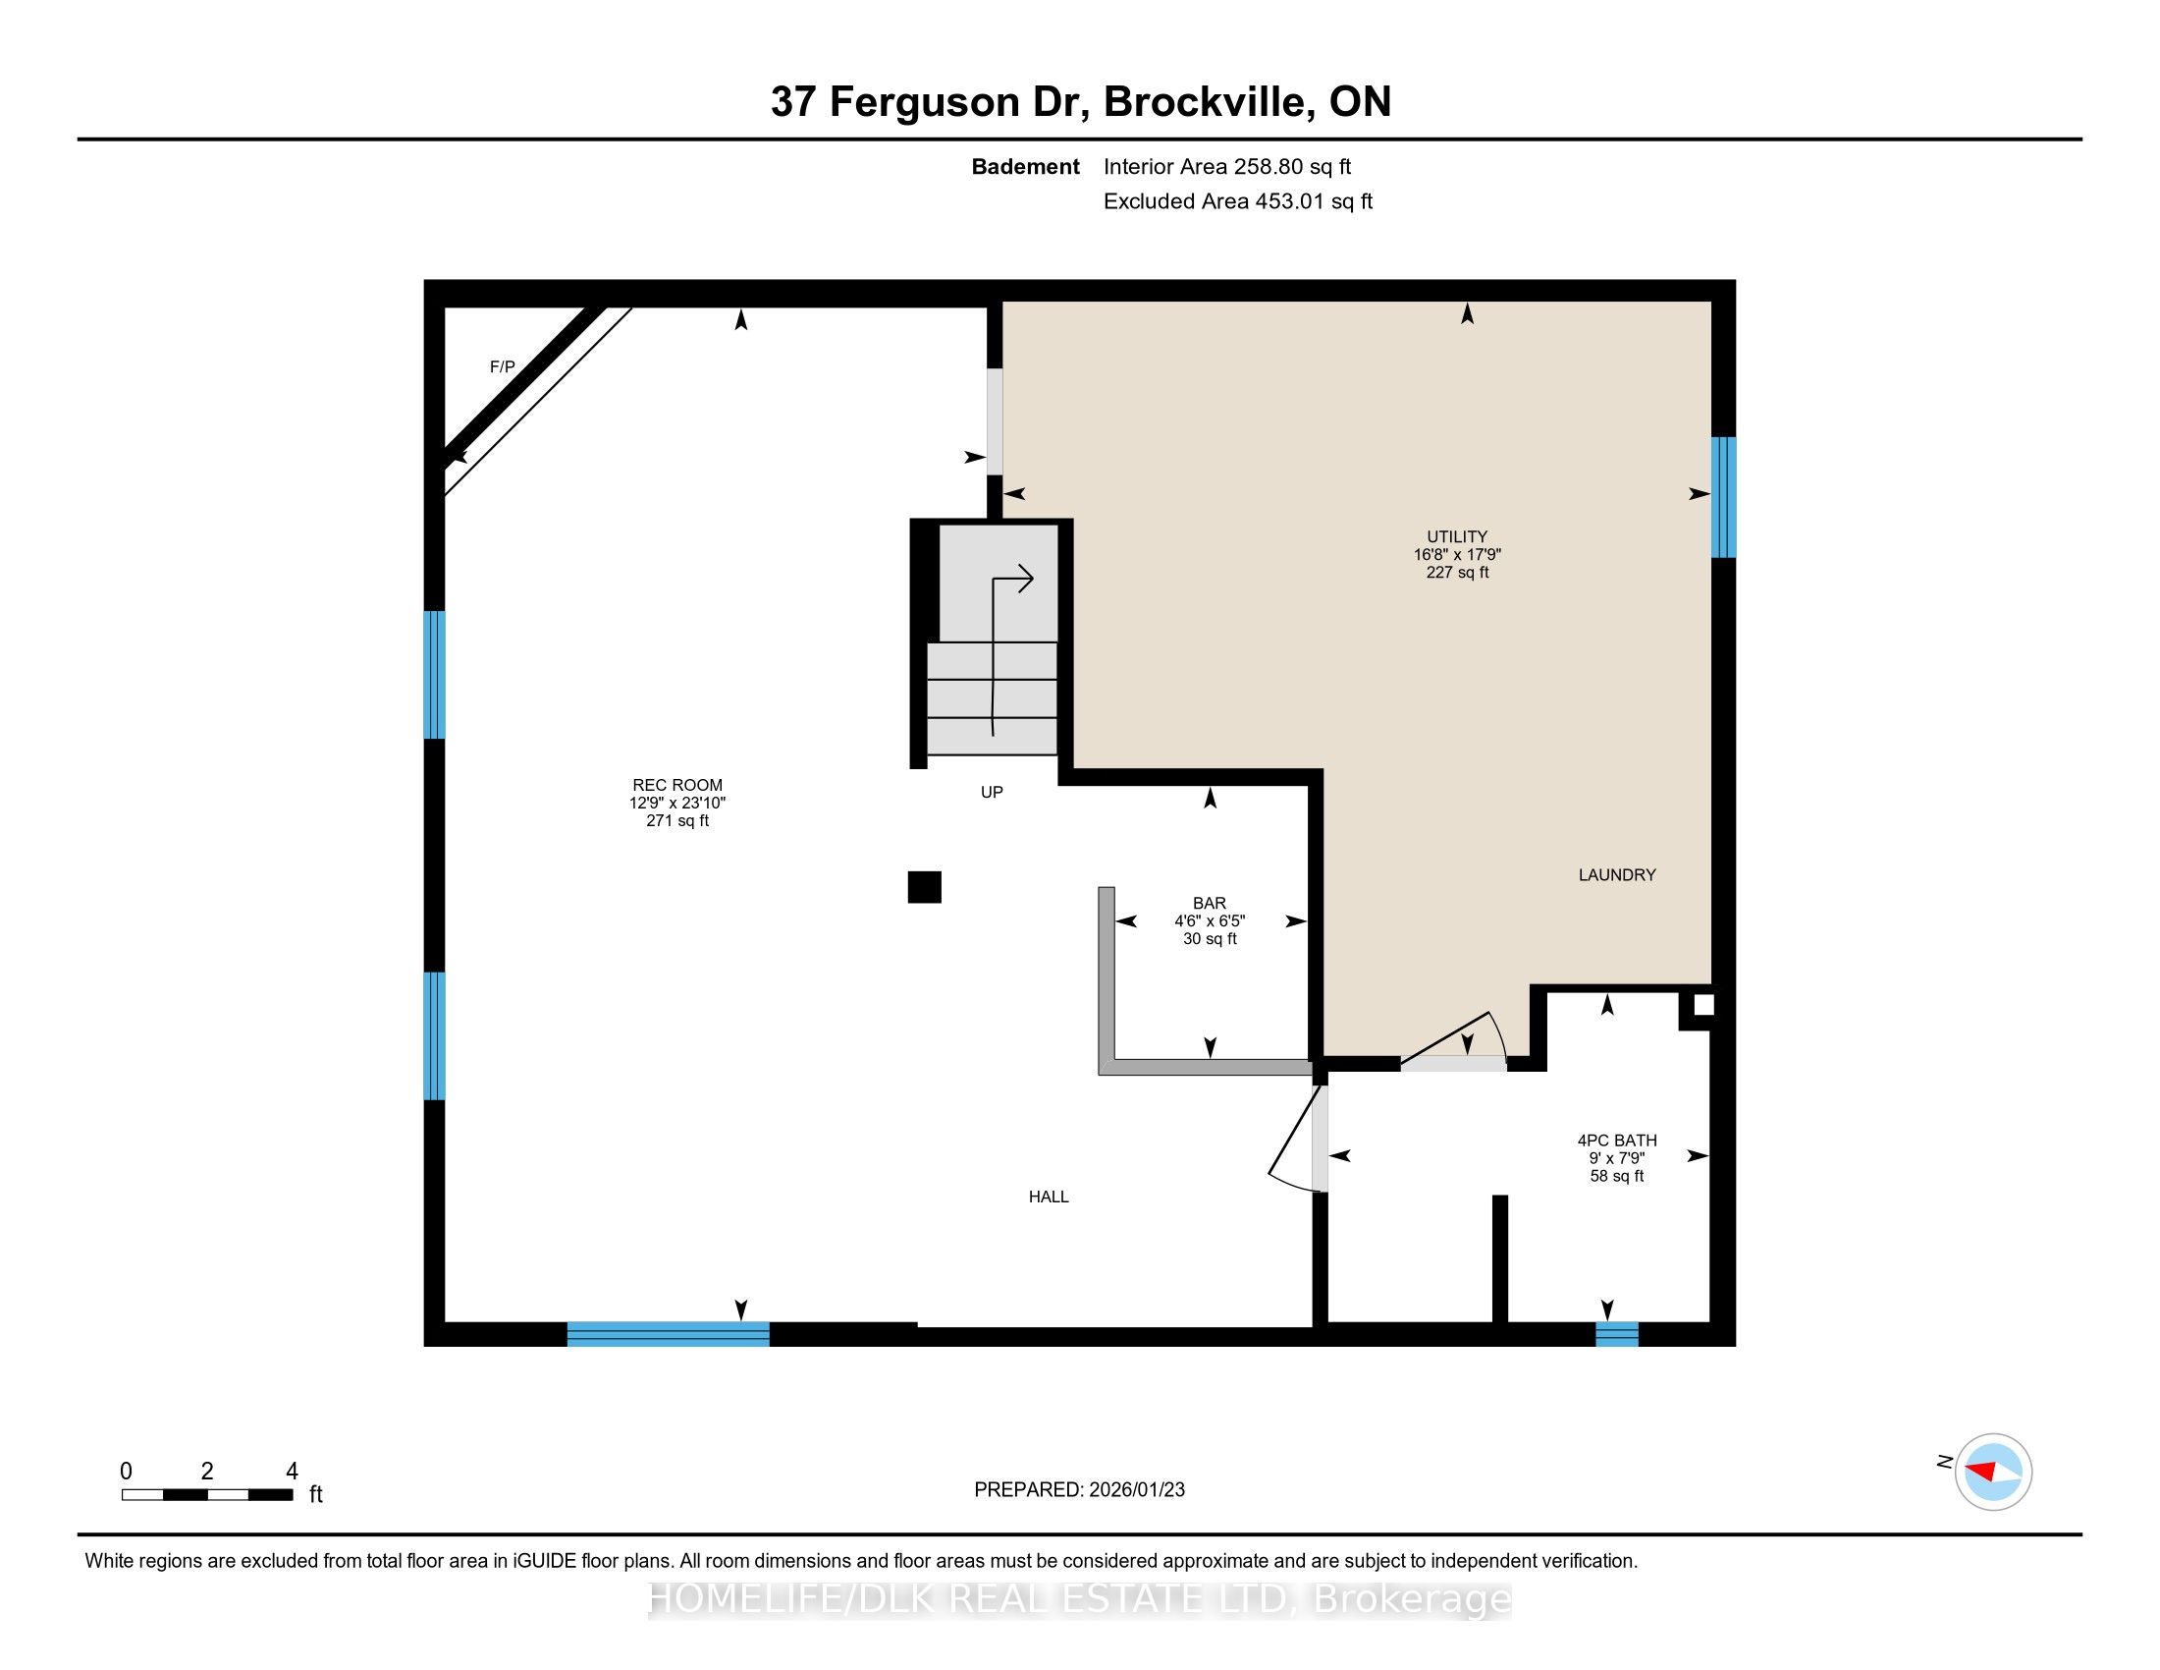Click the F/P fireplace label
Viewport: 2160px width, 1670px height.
coord(503,367)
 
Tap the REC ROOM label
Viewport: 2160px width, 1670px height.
coord(677,786)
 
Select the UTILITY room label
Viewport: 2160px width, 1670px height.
coord(1457,537)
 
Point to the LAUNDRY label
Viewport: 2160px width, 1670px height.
coord(1617,874)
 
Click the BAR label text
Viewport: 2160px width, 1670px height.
coord(1210,903)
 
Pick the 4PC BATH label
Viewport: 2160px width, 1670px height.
coord(1617,1141)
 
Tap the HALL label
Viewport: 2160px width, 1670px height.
coord(1049,1197)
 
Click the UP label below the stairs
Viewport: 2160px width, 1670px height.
coord(992,792)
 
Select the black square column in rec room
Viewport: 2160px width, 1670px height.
coord(925,887)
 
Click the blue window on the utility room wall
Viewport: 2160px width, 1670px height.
coord(1724,498)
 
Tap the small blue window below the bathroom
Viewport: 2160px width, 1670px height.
coord(1617,1334)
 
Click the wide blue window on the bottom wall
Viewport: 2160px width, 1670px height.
coord(669,1334)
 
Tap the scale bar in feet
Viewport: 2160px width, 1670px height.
coord(208,1495)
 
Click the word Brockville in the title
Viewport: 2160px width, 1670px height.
coord(1208,102)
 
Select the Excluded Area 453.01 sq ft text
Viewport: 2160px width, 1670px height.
coord(1238,201)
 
